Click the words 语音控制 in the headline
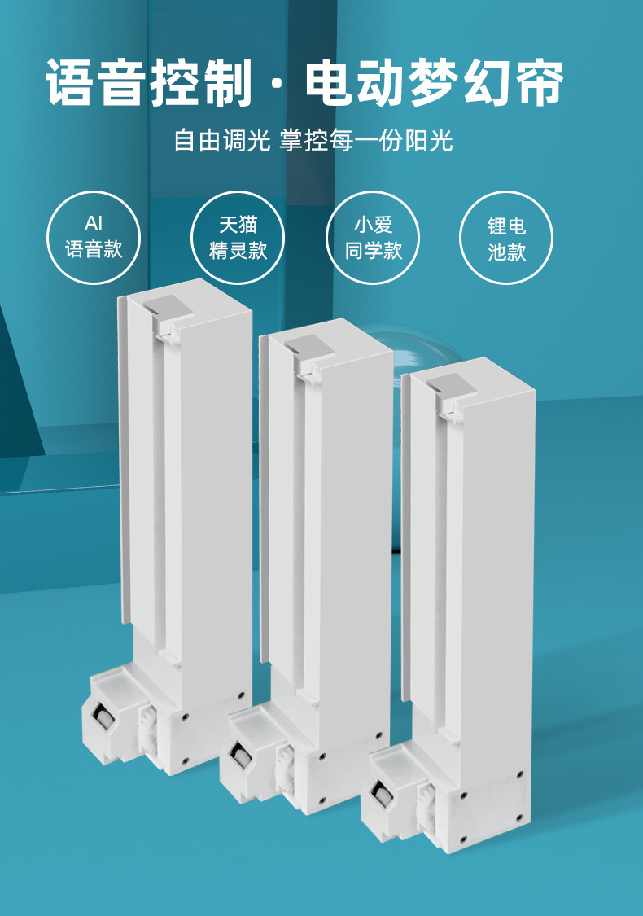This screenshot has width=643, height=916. [x=149, y=82]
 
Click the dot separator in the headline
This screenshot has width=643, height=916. [x=278, y=83]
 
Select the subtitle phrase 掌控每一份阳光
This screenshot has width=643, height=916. [x=366, y=141]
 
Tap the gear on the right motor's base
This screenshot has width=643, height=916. [x=428, y=809]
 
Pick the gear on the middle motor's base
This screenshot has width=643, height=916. [x=287, y=769]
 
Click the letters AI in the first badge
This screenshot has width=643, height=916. [x=94, y=223]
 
